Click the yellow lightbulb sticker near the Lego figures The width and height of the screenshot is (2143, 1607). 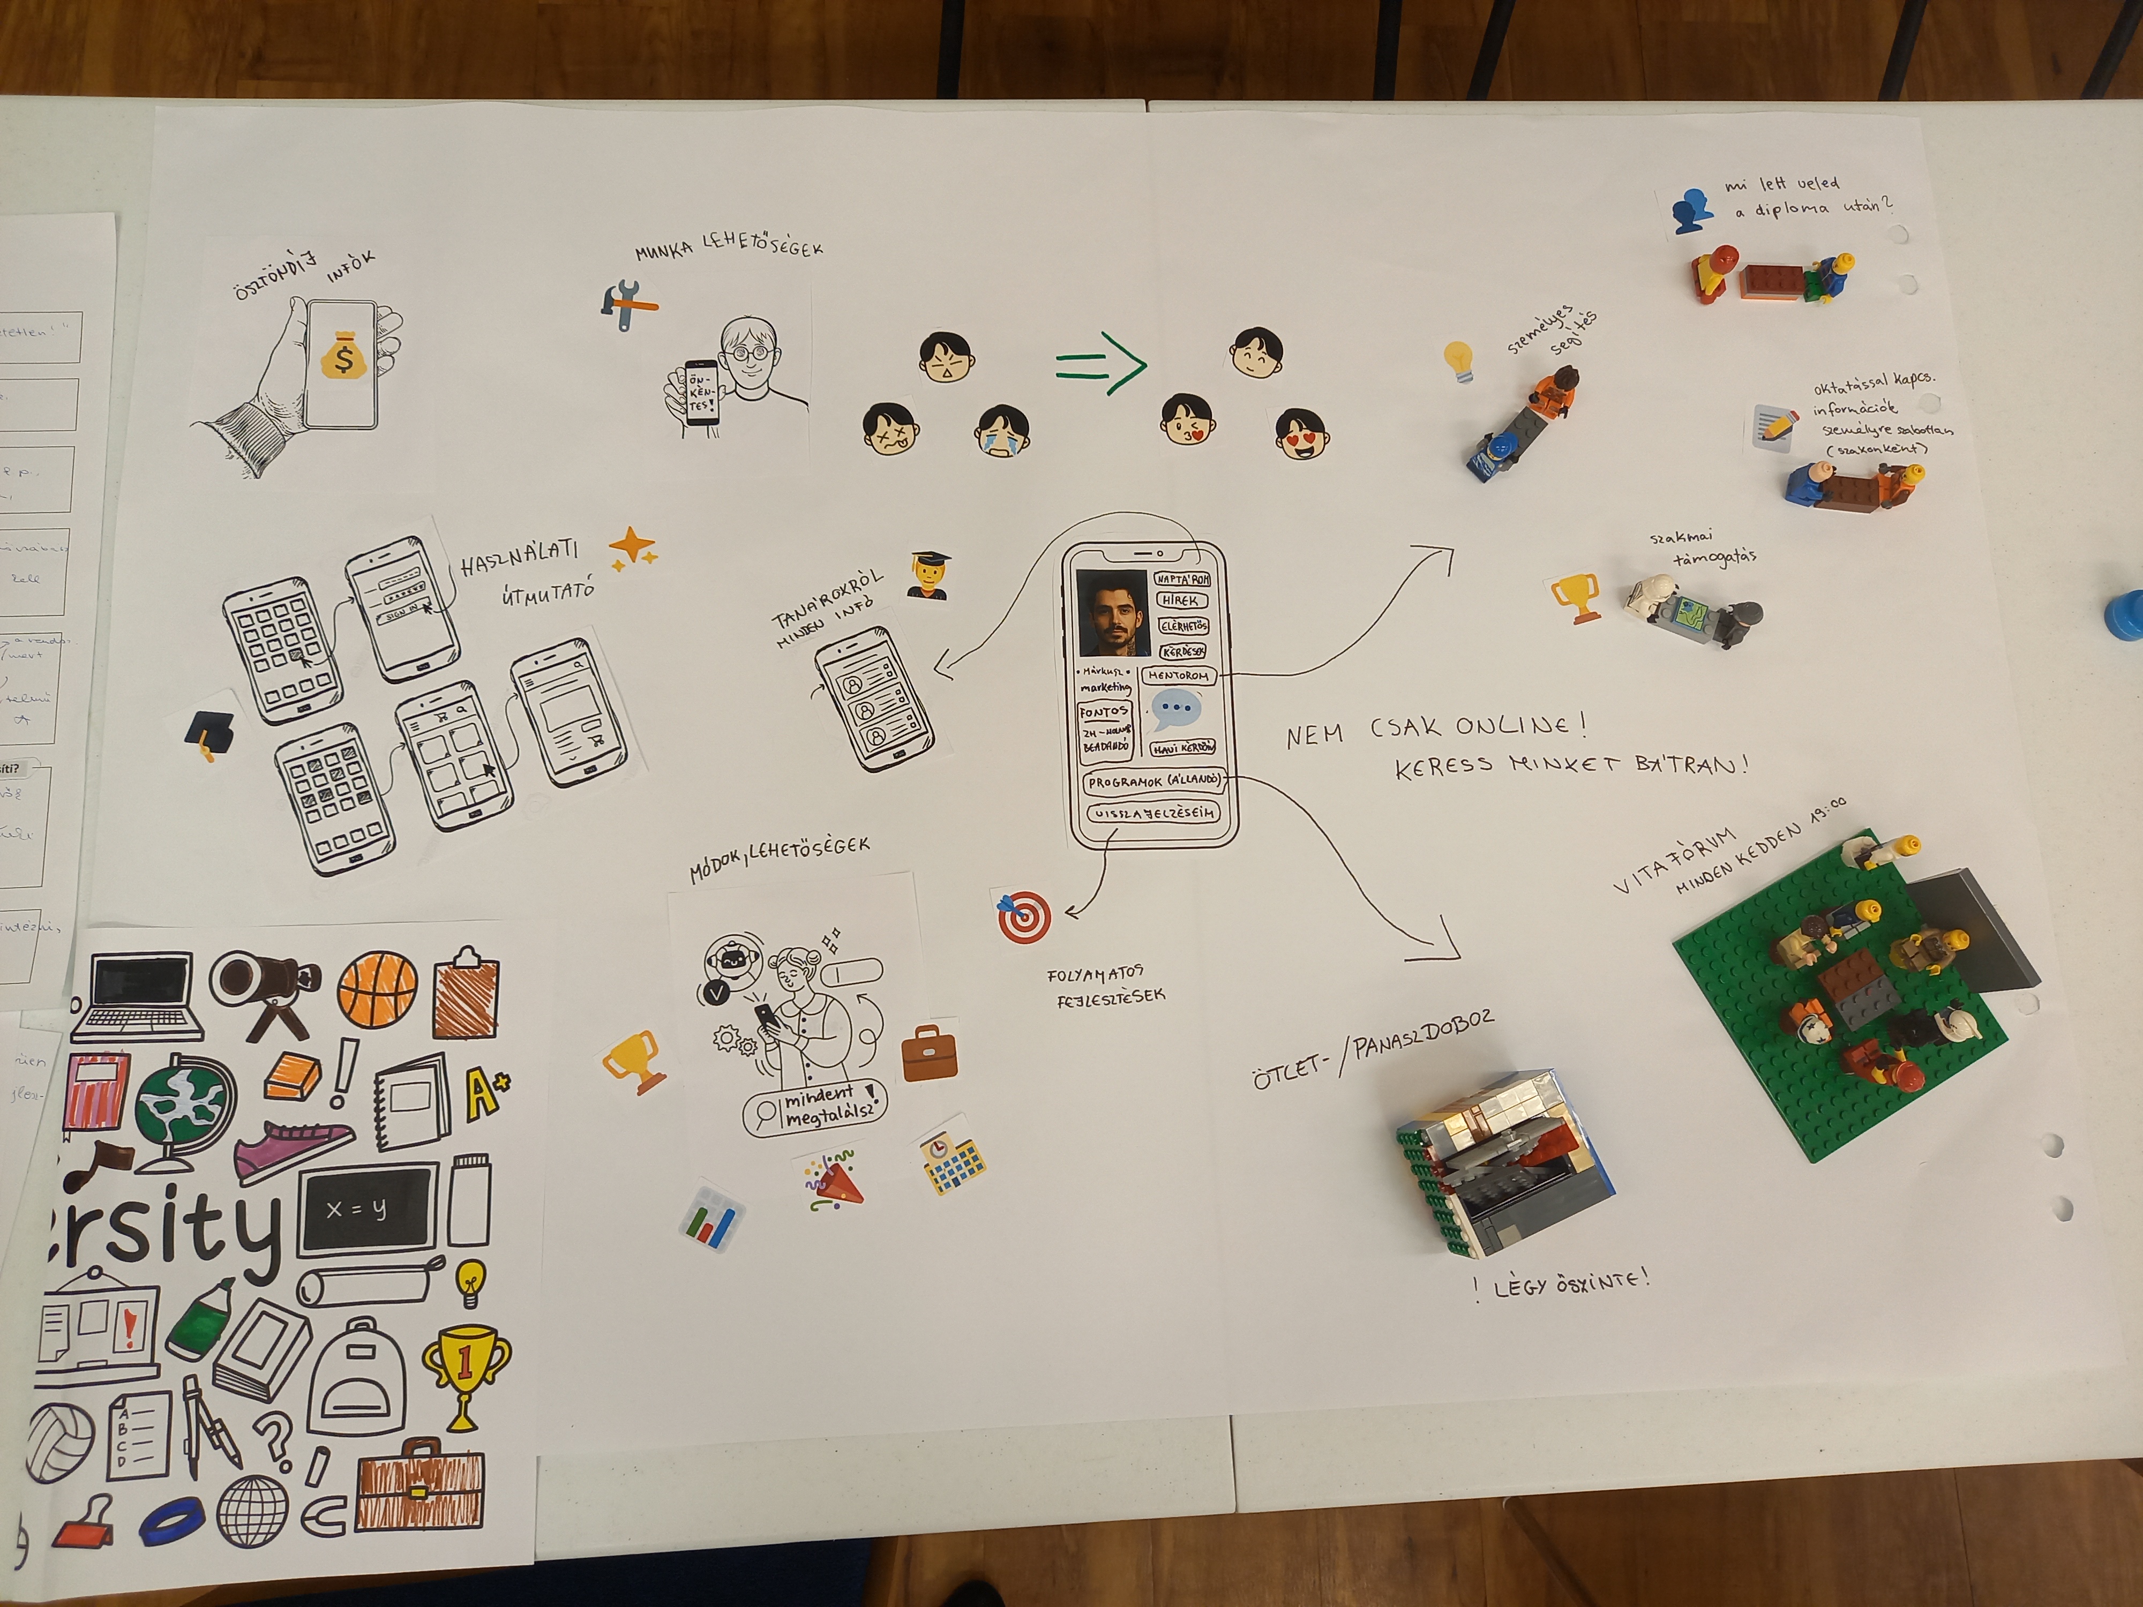coord(1458,361)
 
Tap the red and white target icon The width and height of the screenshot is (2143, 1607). coord(1023,915)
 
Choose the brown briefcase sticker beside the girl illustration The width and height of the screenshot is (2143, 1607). coord(929,1055)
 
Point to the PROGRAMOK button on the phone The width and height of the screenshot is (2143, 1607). coord(1153,781)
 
